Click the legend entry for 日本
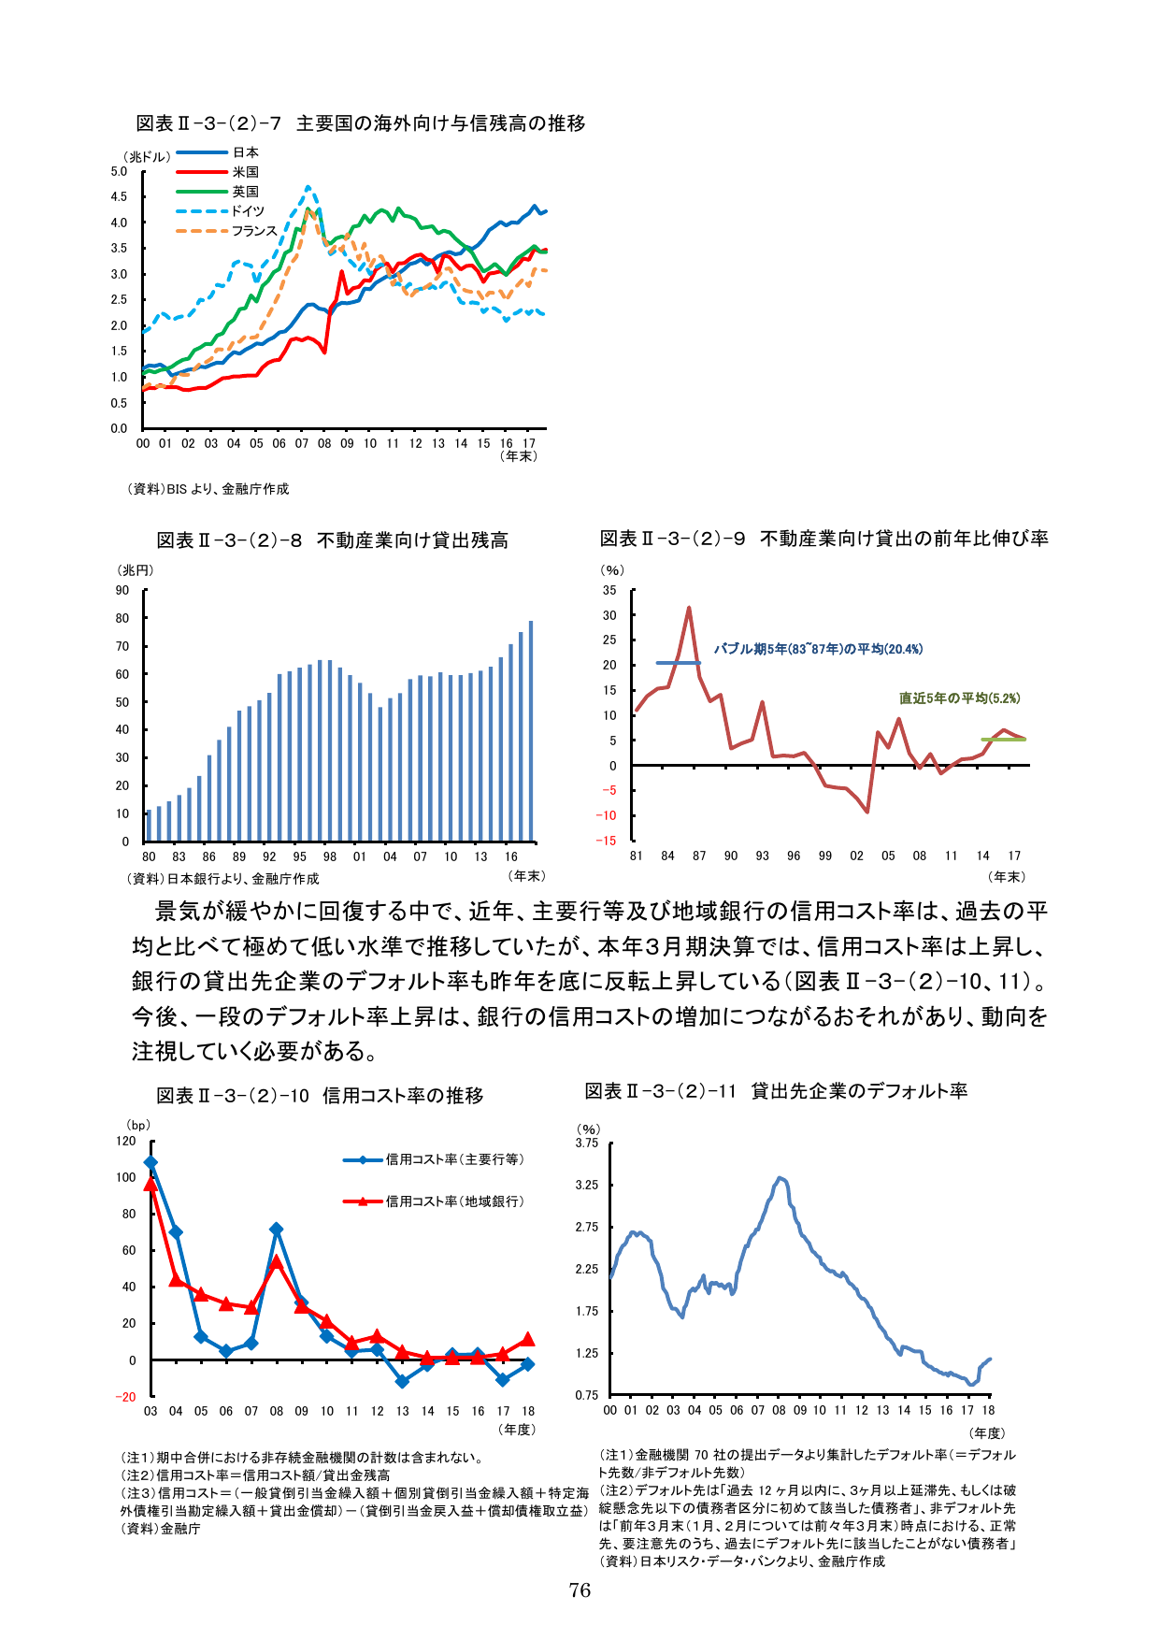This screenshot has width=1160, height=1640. pos(245,152)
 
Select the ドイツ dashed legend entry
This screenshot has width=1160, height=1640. pos(248,211)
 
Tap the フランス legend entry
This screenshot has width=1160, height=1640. pos(254,231)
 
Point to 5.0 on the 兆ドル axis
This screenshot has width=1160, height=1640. pos(119,171)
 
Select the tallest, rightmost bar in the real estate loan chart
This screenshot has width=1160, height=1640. pos(531,729)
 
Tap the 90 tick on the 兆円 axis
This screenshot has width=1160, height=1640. pos(122,590)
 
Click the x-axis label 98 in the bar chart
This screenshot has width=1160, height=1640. pos(330,856)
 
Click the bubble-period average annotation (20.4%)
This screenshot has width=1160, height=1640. pos(818,649)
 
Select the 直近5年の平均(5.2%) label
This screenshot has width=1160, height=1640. pos(959,698)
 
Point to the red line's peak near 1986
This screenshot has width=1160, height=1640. pos(689,609)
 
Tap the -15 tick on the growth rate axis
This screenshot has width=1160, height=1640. pos(608,841)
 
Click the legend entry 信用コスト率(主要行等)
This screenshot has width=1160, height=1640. pos(454,1159)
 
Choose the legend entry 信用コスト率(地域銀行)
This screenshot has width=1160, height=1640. pos(454,1201)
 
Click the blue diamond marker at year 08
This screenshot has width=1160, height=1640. pos(276,1230)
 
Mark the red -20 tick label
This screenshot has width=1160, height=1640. pos(125,1397)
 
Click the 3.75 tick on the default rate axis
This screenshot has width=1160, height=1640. pos(586,1143)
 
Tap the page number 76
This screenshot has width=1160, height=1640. pos(580,1590)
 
